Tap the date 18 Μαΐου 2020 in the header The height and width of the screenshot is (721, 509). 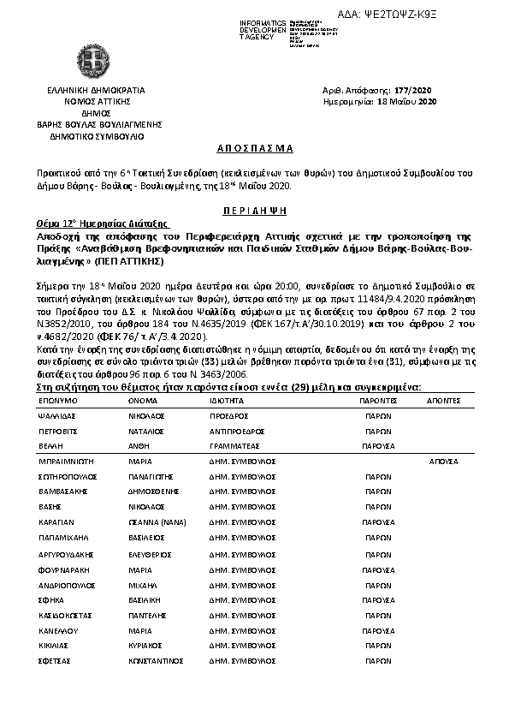point(407,102)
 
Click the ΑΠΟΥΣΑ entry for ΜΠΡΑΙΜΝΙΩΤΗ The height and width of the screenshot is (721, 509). point(443,462)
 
